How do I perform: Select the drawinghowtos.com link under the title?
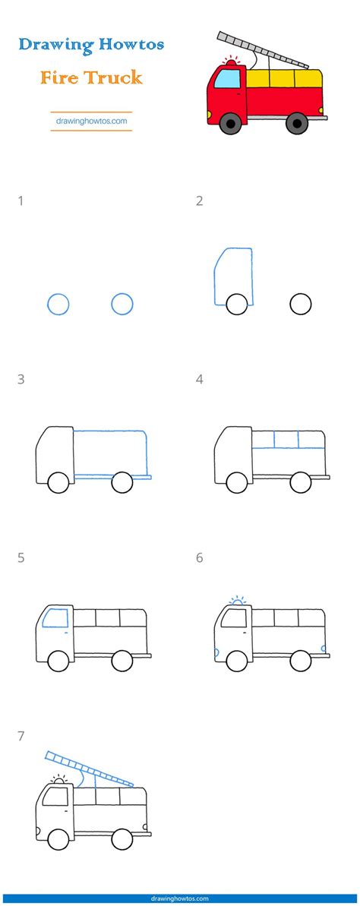click(x=91, y=120)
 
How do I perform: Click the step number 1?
click(x=21, y=201)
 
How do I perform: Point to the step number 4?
click(x=200, y=380)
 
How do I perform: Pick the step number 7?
click(x=21, y=736)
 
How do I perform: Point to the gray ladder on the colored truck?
click(x=262, y=49)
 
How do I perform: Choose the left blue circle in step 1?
click(x=58, y=305)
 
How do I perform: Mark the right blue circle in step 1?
click(x=122, y=305)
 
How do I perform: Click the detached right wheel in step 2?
click(x=301, y=305)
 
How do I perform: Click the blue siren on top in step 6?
click(x=238, y=602)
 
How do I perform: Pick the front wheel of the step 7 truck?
click(x=58, y=839)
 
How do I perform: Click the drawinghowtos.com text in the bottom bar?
click(x=180, y=899)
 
